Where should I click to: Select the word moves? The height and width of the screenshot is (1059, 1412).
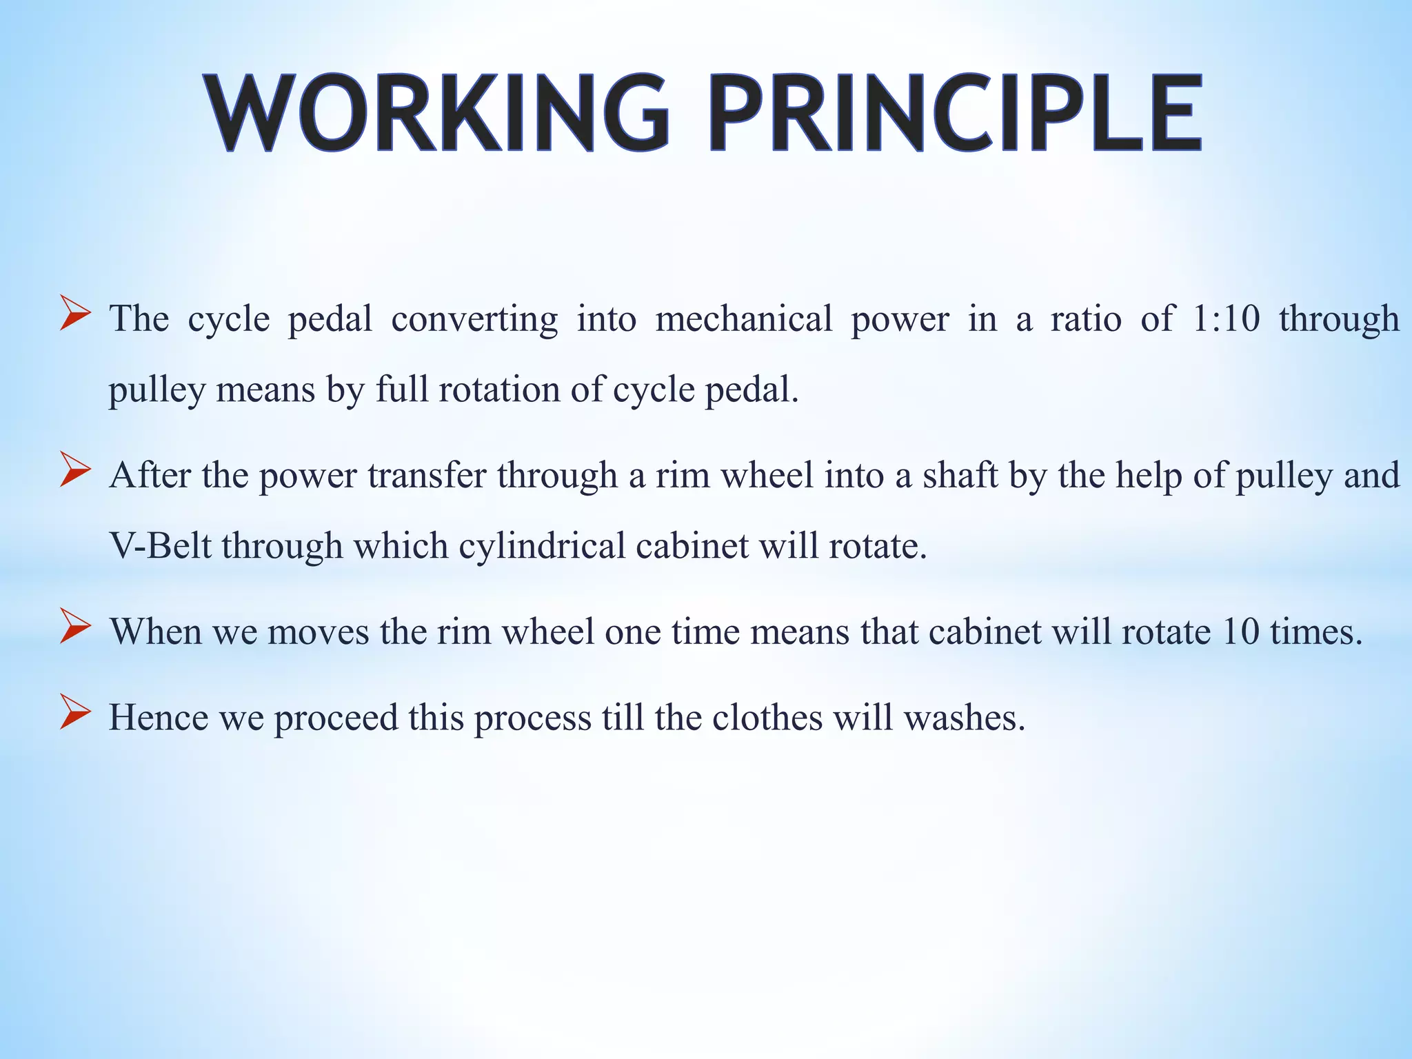coord(318,632)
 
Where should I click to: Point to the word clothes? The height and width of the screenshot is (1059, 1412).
coord(767,717)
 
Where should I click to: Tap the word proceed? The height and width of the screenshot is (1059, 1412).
coord(336,718)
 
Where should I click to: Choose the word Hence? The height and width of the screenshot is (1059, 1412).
coord(159,717)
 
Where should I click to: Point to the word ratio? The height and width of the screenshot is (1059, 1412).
coord(1085,319)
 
